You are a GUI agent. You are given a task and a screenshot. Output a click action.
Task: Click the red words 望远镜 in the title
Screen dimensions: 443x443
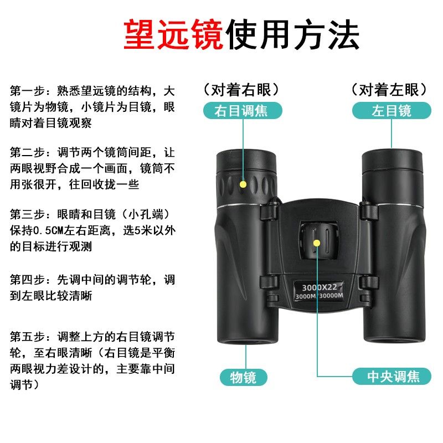pyautogui.click(x=173, y=35)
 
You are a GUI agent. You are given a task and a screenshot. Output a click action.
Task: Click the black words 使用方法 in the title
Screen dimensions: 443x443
pyautogui.click(x=292, y=35)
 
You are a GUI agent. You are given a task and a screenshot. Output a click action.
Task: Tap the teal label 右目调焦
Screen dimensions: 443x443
pyautogui.click(x=243, y=110)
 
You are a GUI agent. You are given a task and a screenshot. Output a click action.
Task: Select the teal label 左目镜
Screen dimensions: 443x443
pyautogui.click(x=392, y=110)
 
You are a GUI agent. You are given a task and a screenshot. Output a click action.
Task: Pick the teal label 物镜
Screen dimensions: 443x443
pyautogui.click(x=243, y=378)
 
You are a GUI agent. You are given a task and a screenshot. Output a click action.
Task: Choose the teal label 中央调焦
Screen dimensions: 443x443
pyautogui.click(x=392, y=377)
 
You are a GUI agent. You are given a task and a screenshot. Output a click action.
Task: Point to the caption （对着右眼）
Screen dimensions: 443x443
pyautogui.click(x=241, y=90)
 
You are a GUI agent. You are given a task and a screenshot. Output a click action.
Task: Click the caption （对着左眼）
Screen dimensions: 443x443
pyautogui.click(x=389, y=90)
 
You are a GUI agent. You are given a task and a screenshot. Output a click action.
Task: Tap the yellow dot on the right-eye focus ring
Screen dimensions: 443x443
pyautogui.click(x=243, y=184)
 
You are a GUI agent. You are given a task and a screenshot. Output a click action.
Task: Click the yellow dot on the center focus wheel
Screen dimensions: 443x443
pyautogui.click(x=317, y=243)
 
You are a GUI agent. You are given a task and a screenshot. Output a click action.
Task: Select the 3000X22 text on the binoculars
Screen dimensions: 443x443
pyautogui.click(x=320, y=287)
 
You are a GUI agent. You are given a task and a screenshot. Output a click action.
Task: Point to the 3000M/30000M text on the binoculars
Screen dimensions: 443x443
pyautogui.click(x=320, y=296)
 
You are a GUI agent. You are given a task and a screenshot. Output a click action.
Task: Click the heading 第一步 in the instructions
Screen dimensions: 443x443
pyautogui.click(x=27, y=91)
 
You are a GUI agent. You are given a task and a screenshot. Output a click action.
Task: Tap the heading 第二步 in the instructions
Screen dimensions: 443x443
pyautogui.click(x=27, y=153)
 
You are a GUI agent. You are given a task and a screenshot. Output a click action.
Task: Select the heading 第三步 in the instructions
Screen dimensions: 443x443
pyautogui.click(x=27, y=214)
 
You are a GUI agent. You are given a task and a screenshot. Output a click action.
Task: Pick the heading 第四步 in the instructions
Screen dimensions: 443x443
pyautogui.click(x=27, y=280)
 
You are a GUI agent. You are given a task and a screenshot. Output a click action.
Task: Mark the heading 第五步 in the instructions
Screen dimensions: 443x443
pyautogui.click(x=27, y=337)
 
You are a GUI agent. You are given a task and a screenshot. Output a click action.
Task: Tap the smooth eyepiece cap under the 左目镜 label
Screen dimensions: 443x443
pyautogui.click(x=392, y=161)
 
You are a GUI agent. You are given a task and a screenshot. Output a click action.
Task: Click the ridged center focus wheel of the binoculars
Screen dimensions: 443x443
pyautogui.click(x=319, y=241)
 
